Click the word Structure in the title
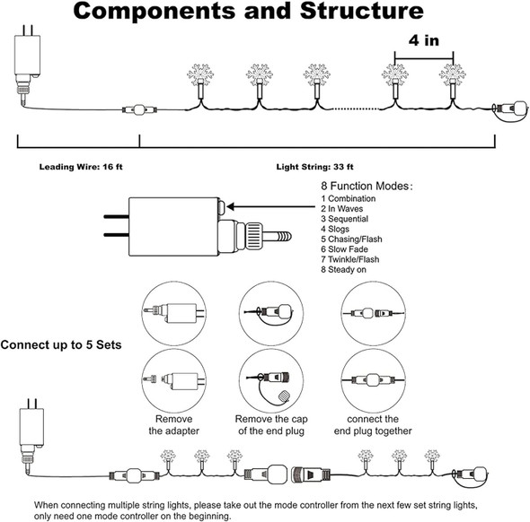point(361,11)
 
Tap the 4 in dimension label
point(424,40)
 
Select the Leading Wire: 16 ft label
point(81,167)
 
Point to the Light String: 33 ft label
point(315,167)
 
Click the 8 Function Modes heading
point(367,186)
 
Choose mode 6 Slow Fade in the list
point(344,249)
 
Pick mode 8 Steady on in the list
point(343,269)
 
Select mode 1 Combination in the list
point(349,198)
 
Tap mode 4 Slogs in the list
point(335,229)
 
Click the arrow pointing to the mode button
point(270,207)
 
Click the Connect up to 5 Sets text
point(61,344)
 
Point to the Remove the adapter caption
point(173,425)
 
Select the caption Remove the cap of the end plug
point(271,425)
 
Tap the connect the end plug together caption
point(373,425)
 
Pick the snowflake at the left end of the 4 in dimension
point(394,75)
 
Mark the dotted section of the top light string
point(357,109)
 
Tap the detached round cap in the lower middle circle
point(285,396)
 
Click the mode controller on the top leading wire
point(139,109)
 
